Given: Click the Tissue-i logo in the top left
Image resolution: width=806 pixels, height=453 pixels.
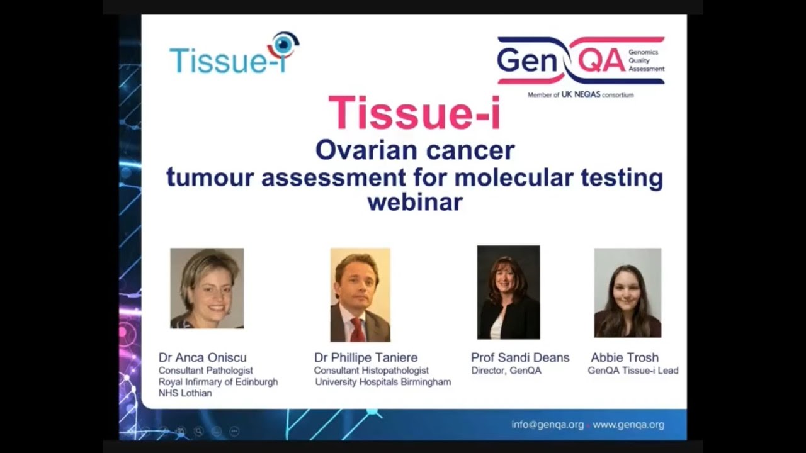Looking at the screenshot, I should (234, 55).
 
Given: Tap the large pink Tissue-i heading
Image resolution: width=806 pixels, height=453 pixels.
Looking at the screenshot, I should (414, 113).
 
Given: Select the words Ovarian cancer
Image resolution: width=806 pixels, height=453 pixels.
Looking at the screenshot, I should (414, 150).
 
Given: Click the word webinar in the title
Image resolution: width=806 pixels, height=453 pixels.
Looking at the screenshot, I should (414, 202).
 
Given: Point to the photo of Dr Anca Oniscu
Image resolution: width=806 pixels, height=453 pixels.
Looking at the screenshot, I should (207, 288).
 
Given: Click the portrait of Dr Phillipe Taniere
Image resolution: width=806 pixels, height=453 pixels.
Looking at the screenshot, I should (360, 294).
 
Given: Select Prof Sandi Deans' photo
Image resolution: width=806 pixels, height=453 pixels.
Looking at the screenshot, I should (508, 293).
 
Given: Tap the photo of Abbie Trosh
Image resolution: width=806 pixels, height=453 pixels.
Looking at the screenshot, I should (627, 293).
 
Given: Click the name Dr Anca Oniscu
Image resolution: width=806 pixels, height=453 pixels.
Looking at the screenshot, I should (202, 357).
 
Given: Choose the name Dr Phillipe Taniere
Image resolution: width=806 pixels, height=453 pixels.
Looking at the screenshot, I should (366, 357).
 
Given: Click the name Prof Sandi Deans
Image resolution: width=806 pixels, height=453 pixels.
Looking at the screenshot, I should (520, 357).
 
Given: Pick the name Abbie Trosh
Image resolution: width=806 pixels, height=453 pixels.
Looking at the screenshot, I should (624, 357).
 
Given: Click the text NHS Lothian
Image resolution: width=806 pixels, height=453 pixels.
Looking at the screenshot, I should (185, 393).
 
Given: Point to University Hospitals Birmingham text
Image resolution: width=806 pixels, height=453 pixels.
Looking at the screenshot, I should (383, 382).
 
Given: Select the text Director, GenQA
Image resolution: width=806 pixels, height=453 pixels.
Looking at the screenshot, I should (506, 371).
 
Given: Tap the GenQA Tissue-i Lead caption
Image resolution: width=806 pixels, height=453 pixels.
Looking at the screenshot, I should (633, 371).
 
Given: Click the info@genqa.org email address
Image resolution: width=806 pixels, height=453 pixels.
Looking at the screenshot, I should (547, 425).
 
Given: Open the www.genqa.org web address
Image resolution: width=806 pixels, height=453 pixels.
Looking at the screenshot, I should (628, 425).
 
